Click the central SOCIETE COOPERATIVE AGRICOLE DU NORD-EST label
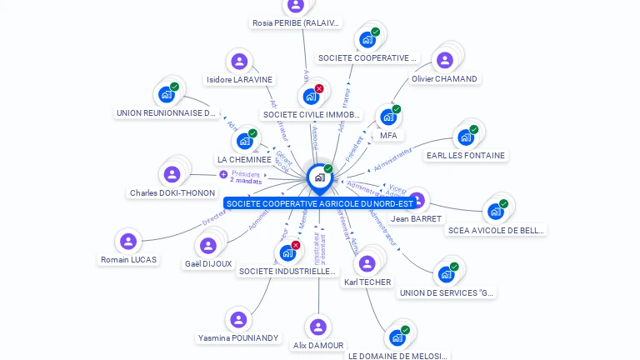point(319,203)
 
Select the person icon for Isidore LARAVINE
point(239,62)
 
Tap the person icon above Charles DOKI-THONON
point(172,174)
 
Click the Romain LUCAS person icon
point(127,241)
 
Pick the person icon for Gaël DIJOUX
point(207,245)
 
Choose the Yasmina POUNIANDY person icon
point(238,320)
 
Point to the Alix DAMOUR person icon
point(317,327)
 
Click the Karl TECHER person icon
point(366,264)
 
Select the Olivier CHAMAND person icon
point(444,60)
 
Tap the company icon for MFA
point(387,117)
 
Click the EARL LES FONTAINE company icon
point(465,137)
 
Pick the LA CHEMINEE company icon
point(244,141)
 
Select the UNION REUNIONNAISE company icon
point(166,94)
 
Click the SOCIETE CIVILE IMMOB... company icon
point(311,96)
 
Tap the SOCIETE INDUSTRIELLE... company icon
point(287,252)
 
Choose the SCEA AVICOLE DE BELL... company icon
point(496,211)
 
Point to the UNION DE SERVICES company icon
point(446,273)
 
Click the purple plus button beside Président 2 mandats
point(223,174)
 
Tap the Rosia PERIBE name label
point(296,23)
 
